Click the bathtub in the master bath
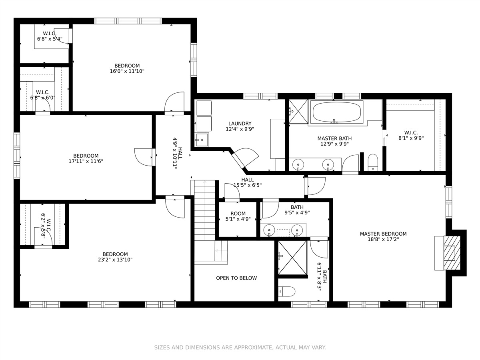pyautogui.click(x=336, y=112)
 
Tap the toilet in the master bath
pyautogui.click(x=373, y=162)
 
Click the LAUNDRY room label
pyautogui.click(x=240, y=124)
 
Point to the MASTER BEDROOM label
pyautogui.click(x=383, y=234)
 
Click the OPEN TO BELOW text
pyautogui.click(x=236, y=278)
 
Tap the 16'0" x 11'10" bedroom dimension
pyautogui.click(x=127, y=71)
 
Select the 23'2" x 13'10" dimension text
pyautogui.click(x=115, y=260)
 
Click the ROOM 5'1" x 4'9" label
pyautogui.click(x=238, y=216)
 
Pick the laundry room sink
pyautogui.click(x=202, y=140)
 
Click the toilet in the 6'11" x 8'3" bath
pyautogui.click(x=287, y=291)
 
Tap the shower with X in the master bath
pyautogui.click(x=298, y=111)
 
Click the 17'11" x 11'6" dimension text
pyautogui.click(x=86, y=161)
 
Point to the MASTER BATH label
pyautogui.click(x=334, y=138)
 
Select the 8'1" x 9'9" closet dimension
pyautogui.click(x=411, y=138)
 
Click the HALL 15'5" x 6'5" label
pyautogui.click(x=248, y=182)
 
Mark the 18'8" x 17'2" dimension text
pyautogui.click(x=383, y=239)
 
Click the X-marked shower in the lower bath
pyautogui.click(x=292, y=258)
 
